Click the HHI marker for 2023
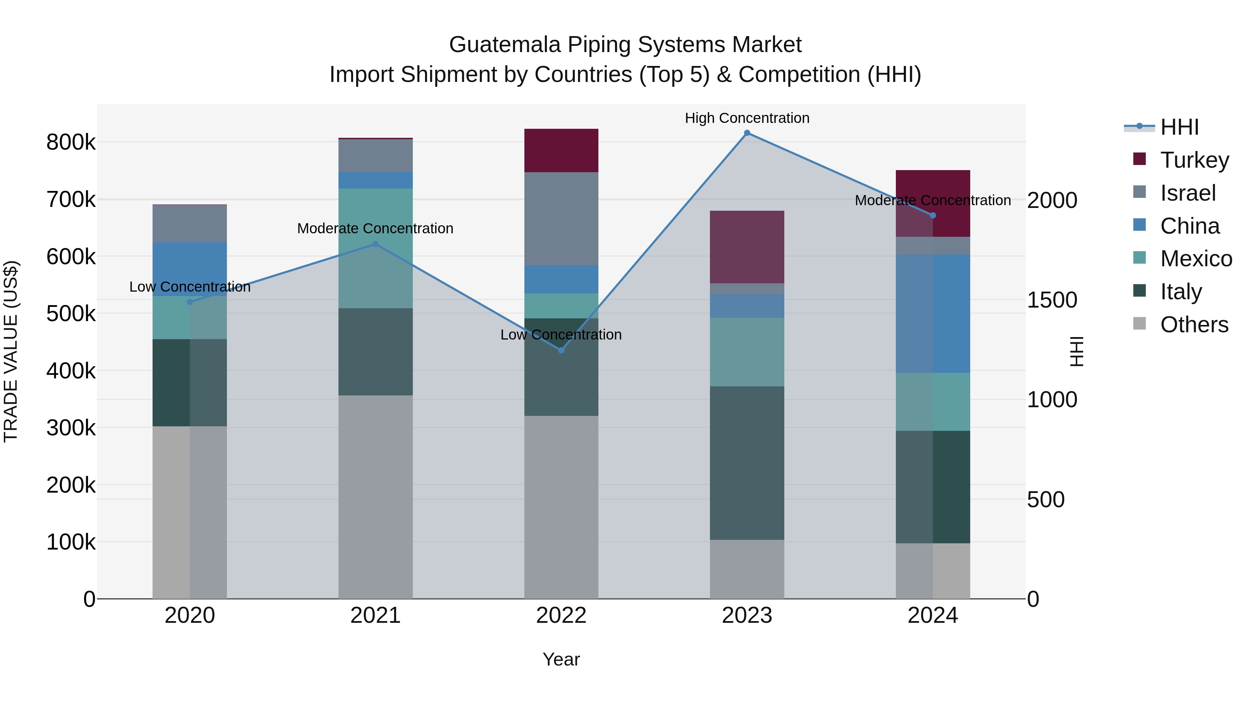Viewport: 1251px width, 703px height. point(747,133)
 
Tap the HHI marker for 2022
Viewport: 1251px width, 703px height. point(561,350)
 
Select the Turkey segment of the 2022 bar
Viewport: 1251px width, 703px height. point(561,150)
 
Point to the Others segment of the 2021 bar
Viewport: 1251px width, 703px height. point(375,497)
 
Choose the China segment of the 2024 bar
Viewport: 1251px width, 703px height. point(932,313)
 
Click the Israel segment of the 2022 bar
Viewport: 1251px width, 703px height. point(561,218)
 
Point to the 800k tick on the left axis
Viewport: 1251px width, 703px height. point(71,143)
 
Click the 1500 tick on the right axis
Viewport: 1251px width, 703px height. point(1052,300)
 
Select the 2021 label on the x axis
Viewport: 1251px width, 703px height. point(375,615)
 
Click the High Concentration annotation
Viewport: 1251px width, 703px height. point(747,118)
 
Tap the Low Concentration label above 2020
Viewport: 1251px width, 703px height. point(190,287)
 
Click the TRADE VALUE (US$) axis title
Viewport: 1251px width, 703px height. point(11,351)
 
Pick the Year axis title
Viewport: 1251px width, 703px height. point(561,659)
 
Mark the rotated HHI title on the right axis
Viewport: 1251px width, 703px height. point(1077,351)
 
